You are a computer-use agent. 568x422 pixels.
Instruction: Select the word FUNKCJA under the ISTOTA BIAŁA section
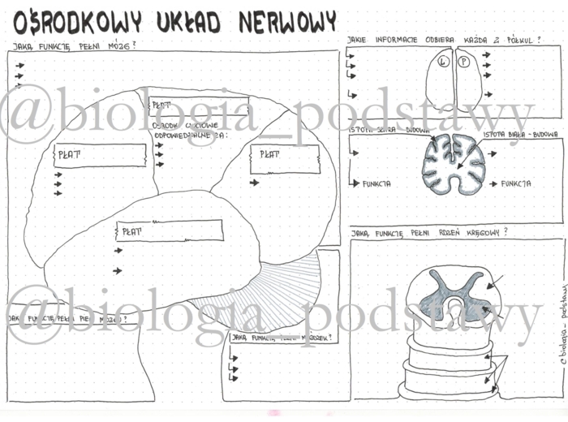[x=516, y=183]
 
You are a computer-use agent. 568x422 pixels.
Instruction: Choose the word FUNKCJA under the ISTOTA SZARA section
[x=377, y=183]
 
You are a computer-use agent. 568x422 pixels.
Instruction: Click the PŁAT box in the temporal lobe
[x=169, y=231]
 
